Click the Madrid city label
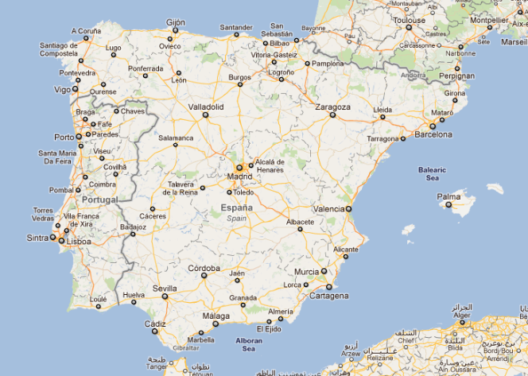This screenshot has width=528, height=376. tap(239, 176)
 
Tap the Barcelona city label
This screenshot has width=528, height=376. tap(434, 135)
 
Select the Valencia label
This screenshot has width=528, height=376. tap(328, 208)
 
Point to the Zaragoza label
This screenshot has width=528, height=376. tap(332, 107)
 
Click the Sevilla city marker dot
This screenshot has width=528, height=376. tap(165, 297)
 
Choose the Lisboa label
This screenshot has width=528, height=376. tap(78, 242)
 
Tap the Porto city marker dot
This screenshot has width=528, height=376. tap(80, 137)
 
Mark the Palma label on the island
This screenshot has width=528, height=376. tap(448, 196)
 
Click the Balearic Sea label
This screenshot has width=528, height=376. tap(433, 173)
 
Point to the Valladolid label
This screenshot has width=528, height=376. tap(206, 106)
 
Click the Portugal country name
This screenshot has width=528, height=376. tap(100, 200)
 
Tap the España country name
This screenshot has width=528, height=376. tap(236, 208)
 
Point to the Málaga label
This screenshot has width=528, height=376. tap(215, 316)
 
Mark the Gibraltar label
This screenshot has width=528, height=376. tap(184, 348)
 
